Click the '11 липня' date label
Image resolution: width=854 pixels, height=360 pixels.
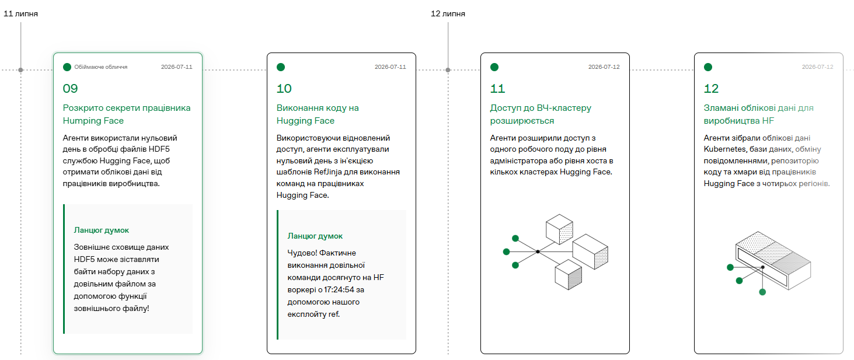[20, 14]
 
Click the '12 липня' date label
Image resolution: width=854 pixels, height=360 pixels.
[448, 14]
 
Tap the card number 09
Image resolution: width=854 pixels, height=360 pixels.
[70, 88]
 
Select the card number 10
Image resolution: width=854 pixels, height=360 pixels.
[284, 88]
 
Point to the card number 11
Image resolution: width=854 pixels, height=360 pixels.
[497, 88]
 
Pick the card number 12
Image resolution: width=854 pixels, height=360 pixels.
[711, 88]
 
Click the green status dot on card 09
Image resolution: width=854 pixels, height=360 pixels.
[67, 67]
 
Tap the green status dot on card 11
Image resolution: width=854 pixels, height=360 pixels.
[494, 67]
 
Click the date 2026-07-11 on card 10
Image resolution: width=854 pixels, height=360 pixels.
[391, 67]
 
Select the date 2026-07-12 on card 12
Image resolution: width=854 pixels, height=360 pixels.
[817, 67]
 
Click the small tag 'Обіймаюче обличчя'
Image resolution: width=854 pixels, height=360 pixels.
[100, 67]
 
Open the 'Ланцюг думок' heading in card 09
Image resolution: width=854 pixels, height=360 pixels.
[102, 230]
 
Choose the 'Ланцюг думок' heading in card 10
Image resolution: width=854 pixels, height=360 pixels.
[315, 236]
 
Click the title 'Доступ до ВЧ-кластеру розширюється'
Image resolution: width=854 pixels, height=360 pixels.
[541, 114]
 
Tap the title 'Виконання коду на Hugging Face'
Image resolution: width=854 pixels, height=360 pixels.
[318, 114]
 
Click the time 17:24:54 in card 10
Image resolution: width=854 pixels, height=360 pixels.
[339, 289]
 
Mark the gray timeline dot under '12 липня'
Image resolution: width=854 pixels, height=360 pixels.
[448, 70]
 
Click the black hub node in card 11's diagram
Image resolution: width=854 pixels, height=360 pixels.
[538, 251]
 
